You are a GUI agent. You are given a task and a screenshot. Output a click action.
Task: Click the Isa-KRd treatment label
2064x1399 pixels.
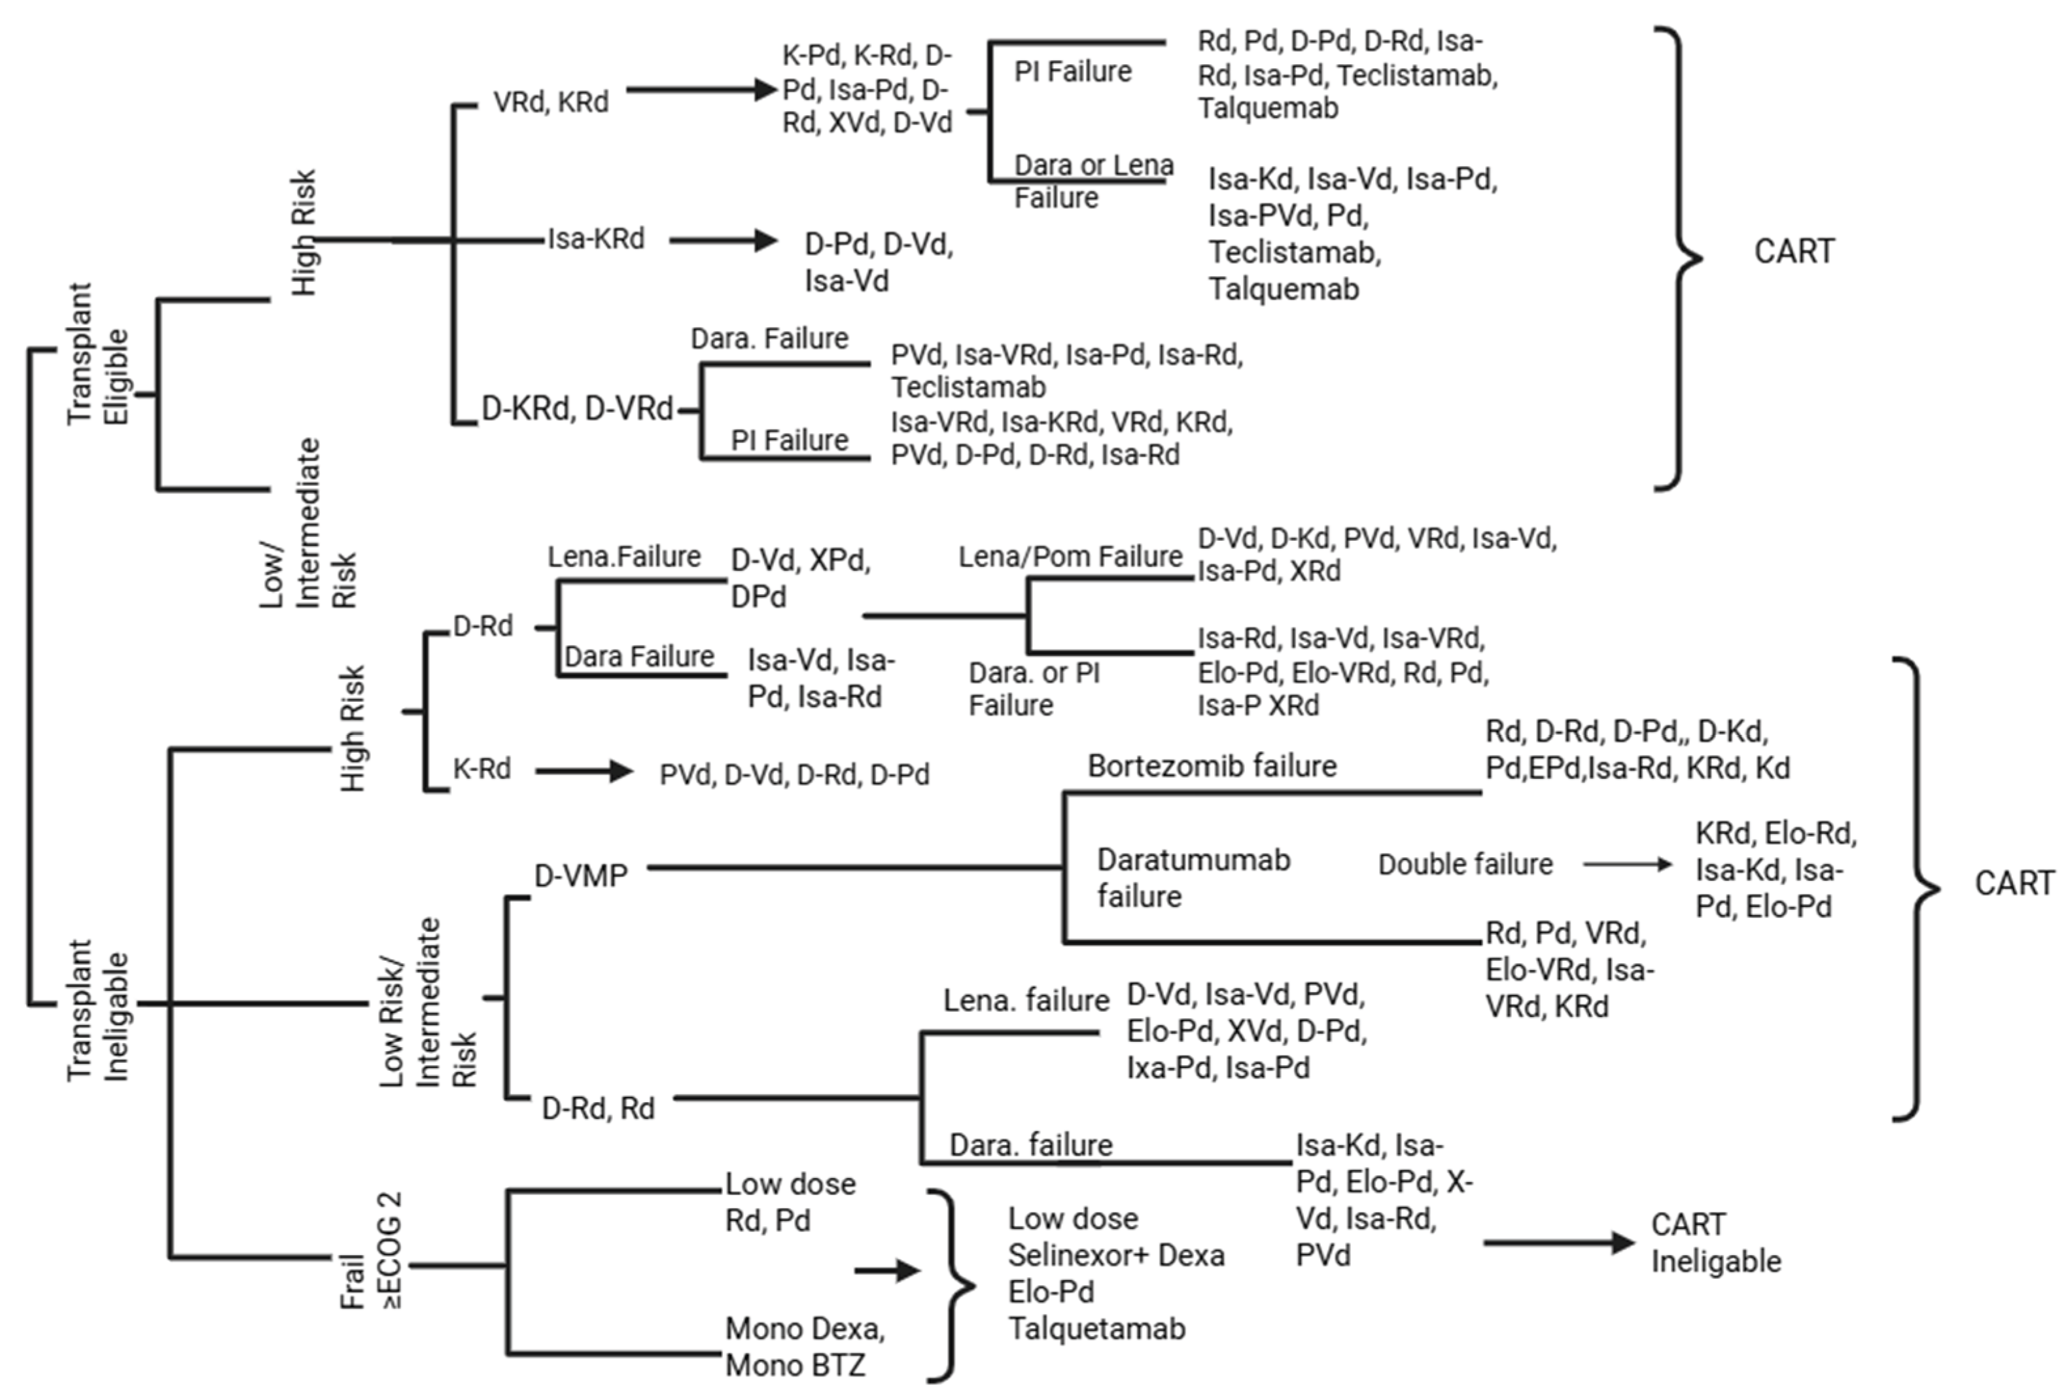pos(596,239)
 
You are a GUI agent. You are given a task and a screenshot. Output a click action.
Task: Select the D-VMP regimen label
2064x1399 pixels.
pos(581,876)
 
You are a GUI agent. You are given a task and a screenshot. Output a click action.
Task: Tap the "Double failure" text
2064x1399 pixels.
pos(1465,864)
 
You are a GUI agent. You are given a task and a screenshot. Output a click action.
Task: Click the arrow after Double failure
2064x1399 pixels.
pos(1627,864)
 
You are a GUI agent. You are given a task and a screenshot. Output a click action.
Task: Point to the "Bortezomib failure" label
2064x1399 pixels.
pos(1212,765)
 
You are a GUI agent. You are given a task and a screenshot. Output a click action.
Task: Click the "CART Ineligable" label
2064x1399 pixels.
pos(1716,1243)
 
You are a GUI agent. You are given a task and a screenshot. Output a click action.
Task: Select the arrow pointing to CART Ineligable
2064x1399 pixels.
pos(1559,1243)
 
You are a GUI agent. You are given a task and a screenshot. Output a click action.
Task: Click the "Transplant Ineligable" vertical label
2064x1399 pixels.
pos(97,1010)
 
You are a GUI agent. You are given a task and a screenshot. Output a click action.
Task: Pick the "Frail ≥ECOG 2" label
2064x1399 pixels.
pos(371,1250)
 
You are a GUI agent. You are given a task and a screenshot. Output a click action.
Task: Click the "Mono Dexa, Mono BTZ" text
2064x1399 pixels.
pos(805,1347)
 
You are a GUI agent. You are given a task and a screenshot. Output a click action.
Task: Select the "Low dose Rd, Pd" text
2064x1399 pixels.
pos(790,1202)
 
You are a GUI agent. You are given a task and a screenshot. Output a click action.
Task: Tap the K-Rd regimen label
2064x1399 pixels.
pos(482,769)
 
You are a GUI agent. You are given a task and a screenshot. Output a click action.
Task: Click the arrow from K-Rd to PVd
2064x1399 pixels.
pos(584,771)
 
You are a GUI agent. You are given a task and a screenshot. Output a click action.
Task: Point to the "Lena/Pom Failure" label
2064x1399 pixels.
pos(1070,557)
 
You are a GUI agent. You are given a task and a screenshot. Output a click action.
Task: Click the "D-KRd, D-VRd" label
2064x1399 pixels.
pos(577,408)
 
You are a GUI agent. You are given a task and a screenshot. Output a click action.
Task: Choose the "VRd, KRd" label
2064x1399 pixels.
pos(551,102)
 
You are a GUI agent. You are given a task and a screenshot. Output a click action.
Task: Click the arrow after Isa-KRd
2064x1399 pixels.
pos(724,239)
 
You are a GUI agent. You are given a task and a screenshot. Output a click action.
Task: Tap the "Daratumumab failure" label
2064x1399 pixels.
pos(1194,878)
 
